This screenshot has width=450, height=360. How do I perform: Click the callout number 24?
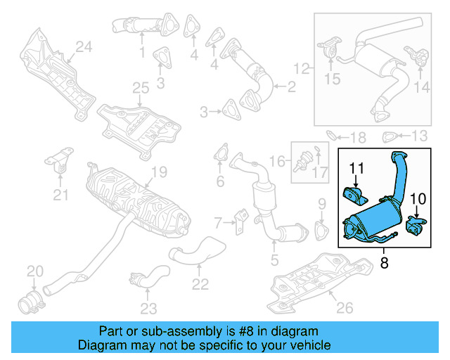(84, 47)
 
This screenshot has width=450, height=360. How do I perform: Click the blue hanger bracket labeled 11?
(351, 194)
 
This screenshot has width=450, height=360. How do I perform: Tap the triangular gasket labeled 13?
(387, 136)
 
